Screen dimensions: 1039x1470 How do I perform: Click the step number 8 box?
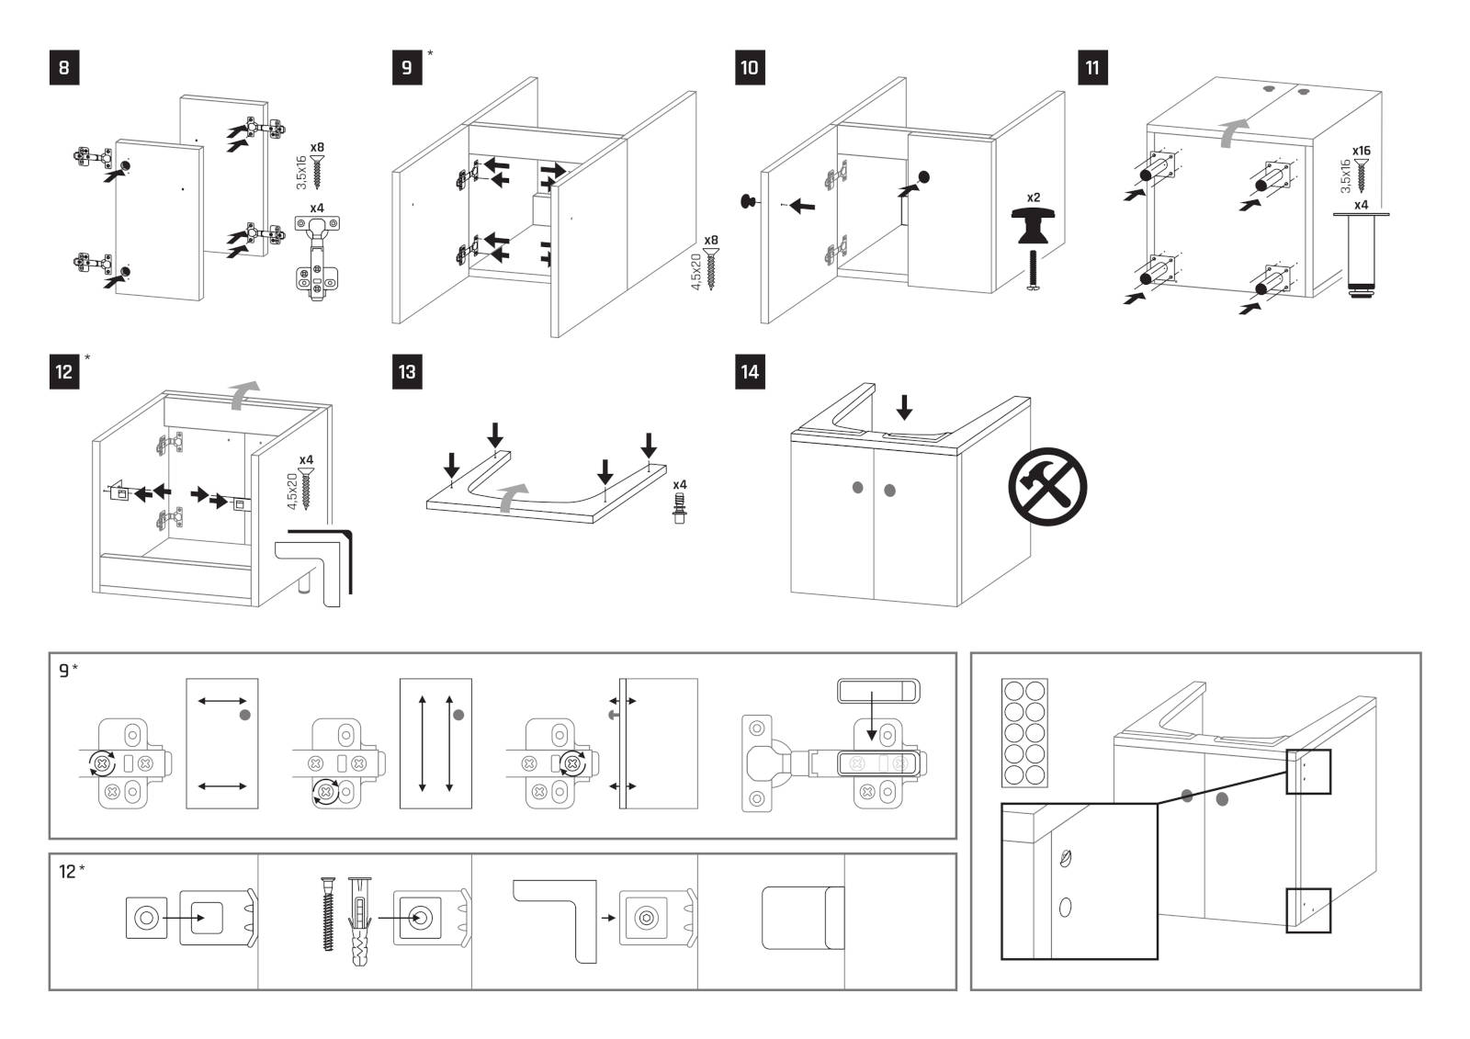pos(63,68)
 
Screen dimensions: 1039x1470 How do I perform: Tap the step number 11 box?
pos(1092,68)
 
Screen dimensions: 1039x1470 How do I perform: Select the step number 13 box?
pos(407,372)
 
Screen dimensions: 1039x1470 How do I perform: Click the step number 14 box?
pos(750,372)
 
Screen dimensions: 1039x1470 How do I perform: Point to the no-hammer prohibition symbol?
pos(1047,487)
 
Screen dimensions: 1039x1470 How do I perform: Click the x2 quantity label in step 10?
pos(1034,198)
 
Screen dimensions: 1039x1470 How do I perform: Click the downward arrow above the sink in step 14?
pos(905,406)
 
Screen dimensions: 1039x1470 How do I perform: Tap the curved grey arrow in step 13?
pos(513,497)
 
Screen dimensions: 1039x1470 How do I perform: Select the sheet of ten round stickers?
pos(1024,732)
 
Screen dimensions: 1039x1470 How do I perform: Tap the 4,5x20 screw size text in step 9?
pos(696,272)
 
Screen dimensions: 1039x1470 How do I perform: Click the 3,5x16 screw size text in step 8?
pos(301,173)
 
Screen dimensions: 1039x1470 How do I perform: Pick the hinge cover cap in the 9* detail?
pos(878,690)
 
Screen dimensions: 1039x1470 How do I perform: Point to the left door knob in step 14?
pos(857,487)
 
